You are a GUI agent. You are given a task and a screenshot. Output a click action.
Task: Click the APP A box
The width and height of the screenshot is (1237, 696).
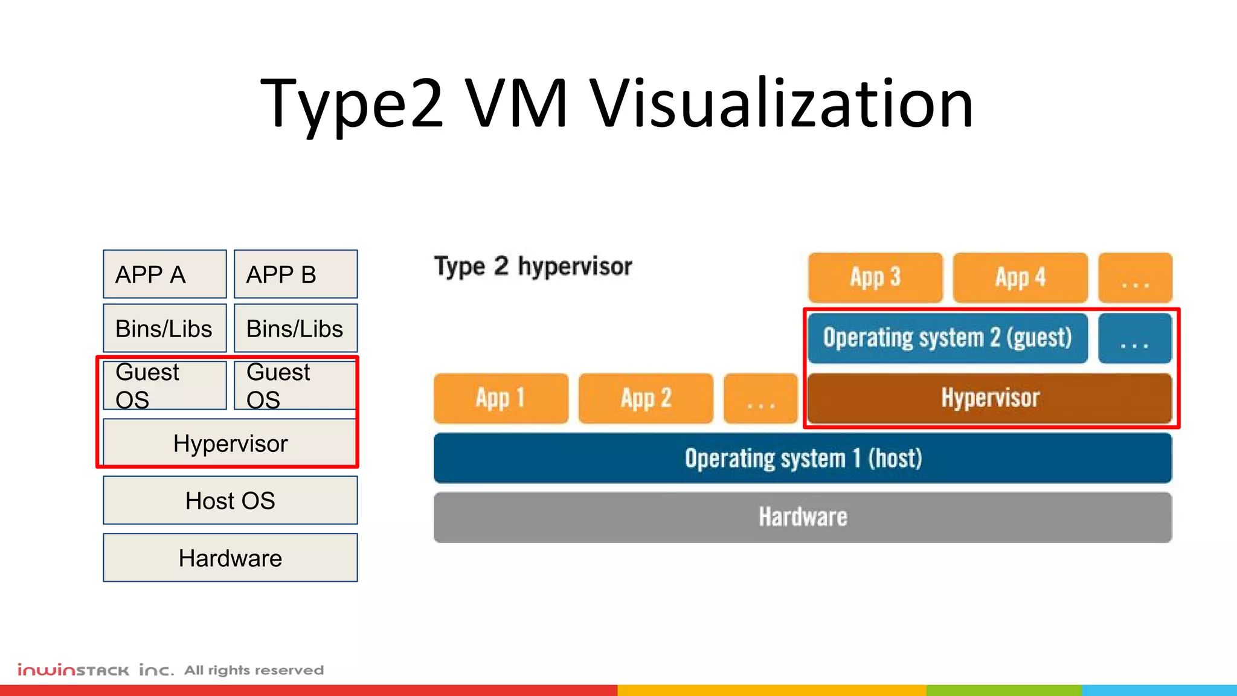coord(164,274)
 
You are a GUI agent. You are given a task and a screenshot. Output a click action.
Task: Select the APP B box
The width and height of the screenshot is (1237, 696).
coord(295,274)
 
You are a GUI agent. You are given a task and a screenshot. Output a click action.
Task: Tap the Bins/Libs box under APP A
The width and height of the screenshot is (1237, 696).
coord(164,328)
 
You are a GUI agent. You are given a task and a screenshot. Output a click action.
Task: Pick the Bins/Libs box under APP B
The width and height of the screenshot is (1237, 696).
coord(295,328)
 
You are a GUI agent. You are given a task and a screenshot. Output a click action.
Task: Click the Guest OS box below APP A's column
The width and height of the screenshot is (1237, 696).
coord(164,385)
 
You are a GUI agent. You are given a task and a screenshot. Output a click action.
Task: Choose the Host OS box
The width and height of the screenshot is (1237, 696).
coord(230,500)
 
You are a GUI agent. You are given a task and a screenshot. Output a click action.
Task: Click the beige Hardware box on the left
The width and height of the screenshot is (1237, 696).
coord(230,558)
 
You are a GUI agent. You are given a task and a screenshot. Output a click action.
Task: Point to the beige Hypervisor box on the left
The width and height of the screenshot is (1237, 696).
coord(230,443)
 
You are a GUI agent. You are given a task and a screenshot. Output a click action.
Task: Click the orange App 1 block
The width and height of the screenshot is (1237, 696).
coord(501,398)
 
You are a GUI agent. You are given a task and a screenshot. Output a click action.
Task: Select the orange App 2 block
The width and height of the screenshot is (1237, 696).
coord(646,398)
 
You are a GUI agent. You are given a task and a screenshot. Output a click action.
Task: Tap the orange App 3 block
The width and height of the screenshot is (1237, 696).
coord(875,277)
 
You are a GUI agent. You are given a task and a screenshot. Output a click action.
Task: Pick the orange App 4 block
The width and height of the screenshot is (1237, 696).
coord(1020,277)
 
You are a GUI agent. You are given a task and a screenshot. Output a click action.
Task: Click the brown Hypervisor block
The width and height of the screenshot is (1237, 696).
coord(989,398)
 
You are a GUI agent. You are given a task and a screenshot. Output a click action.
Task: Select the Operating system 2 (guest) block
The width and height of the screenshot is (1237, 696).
coord(947,338)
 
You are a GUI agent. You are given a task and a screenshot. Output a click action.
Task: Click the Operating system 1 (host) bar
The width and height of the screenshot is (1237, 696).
coord(803,458)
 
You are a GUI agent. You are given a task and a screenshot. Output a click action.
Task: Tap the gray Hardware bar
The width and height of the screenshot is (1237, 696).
coord(803,517)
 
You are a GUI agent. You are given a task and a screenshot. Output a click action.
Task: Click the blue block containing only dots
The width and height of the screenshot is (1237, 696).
coord(1134,338)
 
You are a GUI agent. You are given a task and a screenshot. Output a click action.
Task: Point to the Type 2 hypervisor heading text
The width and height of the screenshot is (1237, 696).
coord(533,266)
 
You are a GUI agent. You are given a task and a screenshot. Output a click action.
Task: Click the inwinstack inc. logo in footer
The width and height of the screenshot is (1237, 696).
coord(95,670)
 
